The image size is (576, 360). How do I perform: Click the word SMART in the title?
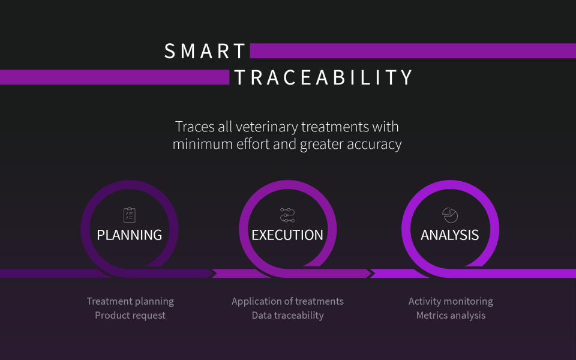click(x=205, y=51)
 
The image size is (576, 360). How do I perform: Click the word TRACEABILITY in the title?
click(x=323, y=77)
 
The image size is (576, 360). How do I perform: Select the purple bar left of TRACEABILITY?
click(x=114, y=77)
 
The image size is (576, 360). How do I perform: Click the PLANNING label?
click(x=130, y=235)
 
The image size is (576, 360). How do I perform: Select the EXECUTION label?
click(x=287, y=235)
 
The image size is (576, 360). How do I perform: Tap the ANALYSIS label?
click(x=450, y=235)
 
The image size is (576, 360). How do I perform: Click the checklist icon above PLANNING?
click(x=130, y=215)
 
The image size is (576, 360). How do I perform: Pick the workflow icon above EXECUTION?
click(x=287, y=215)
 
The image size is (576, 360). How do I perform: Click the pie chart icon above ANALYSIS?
click(x=450, y=214)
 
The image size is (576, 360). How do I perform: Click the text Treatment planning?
click(x=130, y=301)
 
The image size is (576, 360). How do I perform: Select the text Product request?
click(x=130, y=315)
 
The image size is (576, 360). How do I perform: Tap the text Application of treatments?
click(x=287, y=301)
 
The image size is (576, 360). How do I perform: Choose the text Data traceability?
click(x=287, y=315)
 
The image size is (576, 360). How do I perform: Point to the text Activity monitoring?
click(x=451, y=301)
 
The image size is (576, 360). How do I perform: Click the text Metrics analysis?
click(x=451, y=315)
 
